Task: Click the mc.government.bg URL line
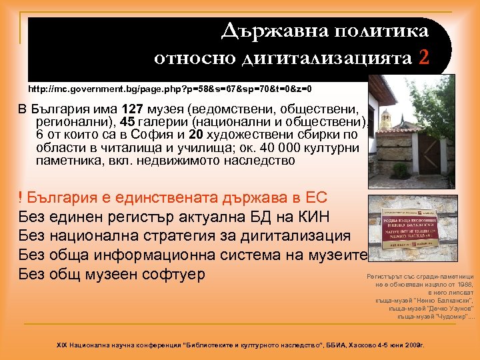tap(170, 89)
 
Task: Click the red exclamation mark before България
tap(21, 198)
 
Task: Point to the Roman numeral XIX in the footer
tap(64, 345)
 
